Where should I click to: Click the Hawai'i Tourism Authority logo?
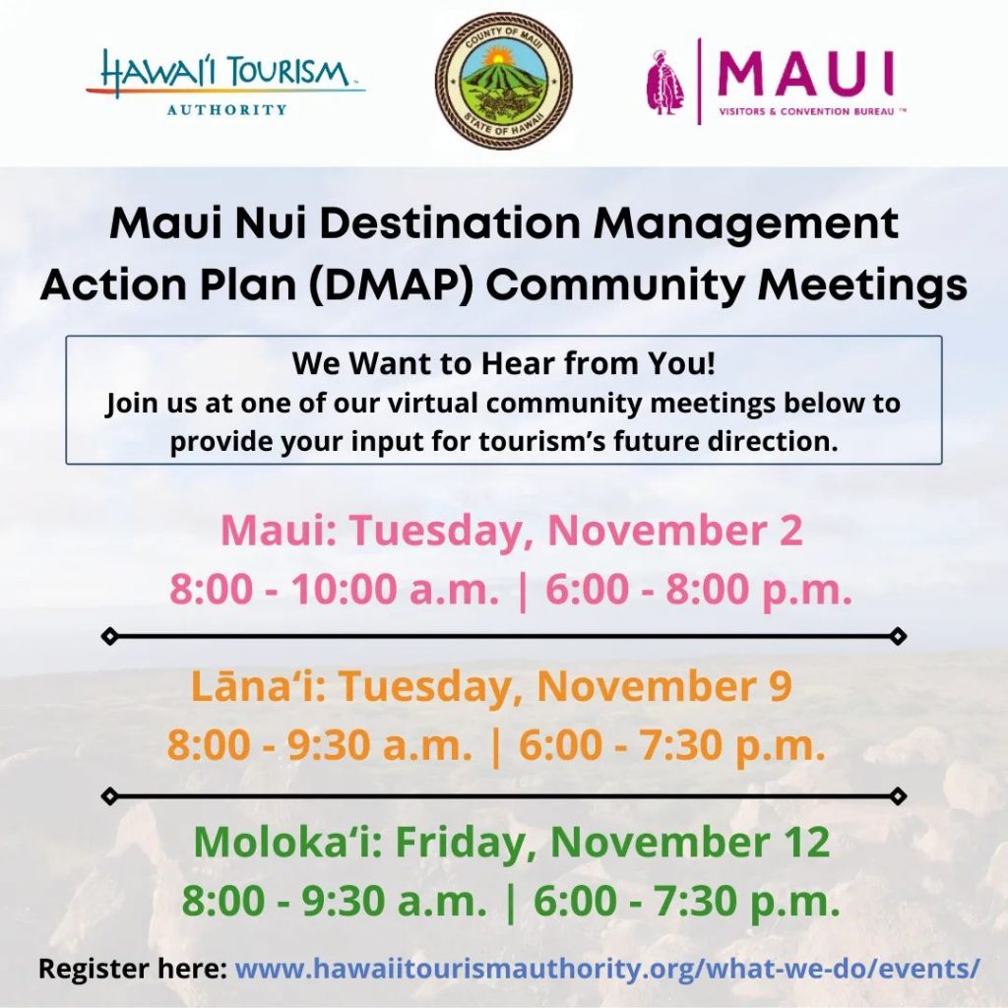point(225,83)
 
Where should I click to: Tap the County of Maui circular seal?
point(503,81)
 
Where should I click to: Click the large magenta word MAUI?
point(805,73)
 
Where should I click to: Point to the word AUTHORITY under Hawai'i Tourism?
point(227,110)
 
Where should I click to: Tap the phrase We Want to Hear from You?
point(503,363)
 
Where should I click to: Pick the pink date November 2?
point(674,530)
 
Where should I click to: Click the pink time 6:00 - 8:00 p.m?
point(699,589)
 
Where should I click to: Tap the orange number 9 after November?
point(781,686)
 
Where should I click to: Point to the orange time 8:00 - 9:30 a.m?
point(320,745)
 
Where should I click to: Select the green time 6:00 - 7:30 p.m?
point(686,901)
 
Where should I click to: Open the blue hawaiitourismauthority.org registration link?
point(608,969)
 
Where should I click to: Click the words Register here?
point(133,969)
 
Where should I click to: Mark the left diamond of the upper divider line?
point(110,637)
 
